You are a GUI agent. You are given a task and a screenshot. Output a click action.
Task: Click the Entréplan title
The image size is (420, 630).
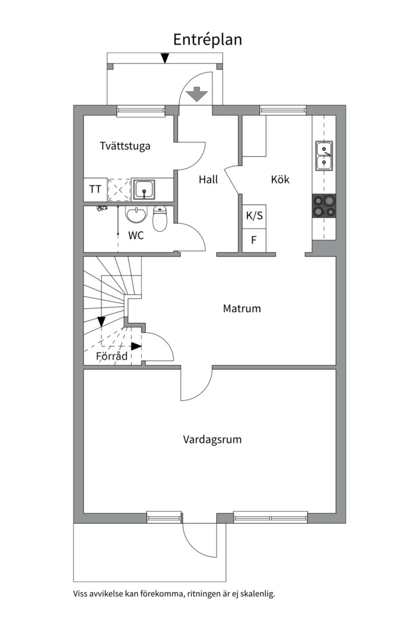(x=208, y=40)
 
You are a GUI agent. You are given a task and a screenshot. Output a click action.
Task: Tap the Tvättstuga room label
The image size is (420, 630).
(x=125, y=145)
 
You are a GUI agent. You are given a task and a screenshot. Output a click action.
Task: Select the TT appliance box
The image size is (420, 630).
(x=95, y=189)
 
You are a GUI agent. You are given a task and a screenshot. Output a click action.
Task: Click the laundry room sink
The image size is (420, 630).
(x=144, y=189)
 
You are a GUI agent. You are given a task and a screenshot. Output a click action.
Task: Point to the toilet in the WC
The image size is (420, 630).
(x=160, y=218)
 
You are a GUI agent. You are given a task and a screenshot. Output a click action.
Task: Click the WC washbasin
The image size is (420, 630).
(x=136, y=214)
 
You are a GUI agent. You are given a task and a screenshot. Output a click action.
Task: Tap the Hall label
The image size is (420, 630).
(x=208, y=179)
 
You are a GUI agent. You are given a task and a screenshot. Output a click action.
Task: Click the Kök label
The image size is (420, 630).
(x=280, y=179)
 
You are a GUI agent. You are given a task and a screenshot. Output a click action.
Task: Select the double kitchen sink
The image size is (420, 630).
(x=324, y=156)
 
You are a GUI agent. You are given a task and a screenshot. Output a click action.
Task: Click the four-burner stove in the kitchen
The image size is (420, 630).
(x=324, y=206)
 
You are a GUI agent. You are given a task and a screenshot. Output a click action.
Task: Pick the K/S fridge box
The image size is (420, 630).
(x=254, y=216)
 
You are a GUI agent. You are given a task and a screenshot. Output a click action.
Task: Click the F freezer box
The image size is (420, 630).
(x=254, y=241)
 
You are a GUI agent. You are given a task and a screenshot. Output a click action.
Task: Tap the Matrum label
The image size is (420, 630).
(x=242, y=309)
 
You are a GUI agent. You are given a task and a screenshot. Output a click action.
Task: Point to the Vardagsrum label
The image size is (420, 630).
(x=212, y=440)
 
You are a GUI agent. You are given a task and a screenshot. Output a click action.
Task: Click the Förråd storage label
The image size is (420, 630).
(x=112, y=356)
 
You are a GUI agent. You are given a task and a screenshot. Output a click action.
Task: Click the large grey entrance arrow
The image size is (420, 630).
(x=197, y=94)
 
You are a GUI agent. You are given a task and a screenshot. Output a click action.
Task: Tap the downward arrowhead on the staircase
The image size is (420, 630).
(x=101, y=322)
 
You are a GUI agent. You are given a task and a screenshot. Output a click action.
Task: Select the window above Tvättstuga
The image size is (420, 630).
(x=141, y=110)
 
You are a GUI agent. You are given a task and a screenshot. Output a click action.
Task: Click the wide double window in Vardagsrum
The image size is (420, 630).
(x=271, y=517)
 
